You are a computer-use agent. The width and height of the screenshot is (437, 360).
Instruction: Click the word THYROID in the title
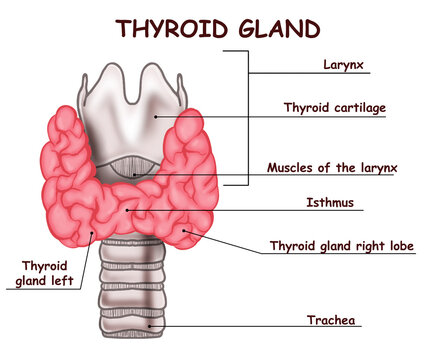170,27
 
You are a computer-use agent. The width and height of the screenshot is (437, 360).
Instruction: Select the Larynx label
344,67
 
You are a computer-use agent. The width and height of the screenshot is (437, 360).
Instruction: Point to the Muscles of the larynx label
332,167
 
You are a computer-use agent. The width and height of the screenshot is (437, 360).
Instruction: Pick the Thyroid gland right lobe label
342,245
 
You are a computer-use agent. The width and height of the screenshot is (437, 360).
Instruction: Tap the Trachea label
333,321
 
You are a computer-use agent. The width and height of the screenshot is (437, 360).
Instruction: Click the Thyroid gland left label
45,272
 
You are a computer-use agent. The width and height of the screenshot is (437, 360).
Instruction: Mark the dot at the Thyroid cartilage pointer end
155,116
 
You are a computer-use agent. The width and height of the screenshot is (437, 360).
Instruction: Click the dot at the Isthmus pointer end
127,210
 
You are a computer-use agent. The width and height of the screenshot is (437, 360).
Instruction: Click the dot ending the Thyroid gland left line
94,235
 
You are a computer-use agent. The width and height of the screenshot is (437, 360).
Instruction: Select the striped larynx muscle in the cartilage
137,166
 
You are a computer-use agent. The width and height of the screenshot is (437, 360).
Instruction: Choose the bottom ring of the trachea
136,330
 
